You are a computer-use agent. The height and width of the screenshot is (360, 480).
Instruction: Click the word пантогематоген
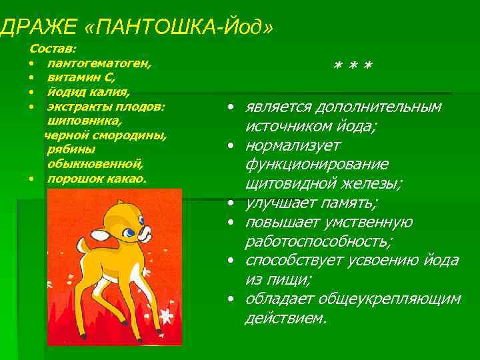(x=99, y=63)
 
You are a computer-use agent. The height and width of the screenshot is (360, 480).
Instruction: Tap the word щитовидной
(x=286, y=183)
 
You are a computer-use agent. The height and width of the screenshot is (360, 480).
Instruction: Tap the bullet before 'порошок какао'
(x=32, y=179)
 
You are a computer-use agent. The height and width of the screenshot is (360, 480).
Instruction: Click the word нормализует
(x=293, y=145)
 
